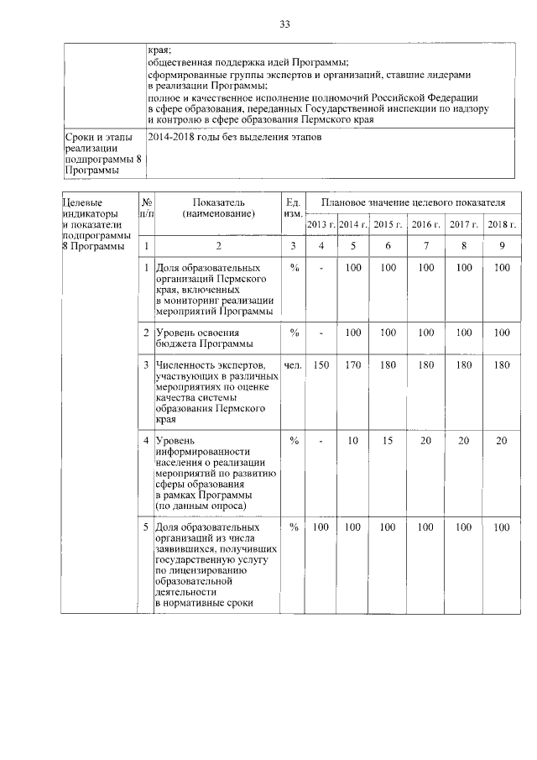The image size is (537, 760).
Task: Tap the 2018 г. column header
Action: point(502,224)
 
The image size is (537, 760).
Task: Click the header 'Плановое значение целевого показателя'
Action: point(410,203)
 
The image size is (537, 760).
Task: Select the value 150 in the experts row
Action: point(320,365)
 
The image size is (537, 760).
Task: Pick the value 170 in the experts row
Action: point(353,365)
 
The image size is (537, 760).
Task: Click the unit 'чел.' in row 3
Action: point(293,365)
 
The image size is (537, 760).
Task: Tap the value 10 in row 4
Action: point(353,441)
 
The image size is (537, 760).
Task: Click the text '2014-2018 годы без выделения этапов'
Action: point(233,136)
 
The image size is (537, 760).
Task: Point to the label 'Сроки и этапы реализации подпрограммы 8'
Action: point(99,154)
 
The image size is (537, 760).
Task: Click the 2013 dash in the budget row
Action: point(320,333)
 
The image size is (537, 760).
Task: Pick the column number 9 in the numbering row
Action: point(502,246)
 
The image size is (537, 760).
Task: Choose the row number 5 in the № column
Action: point(147,527)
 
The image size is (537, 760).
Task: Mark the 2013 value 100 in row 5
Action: point(320,527)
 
